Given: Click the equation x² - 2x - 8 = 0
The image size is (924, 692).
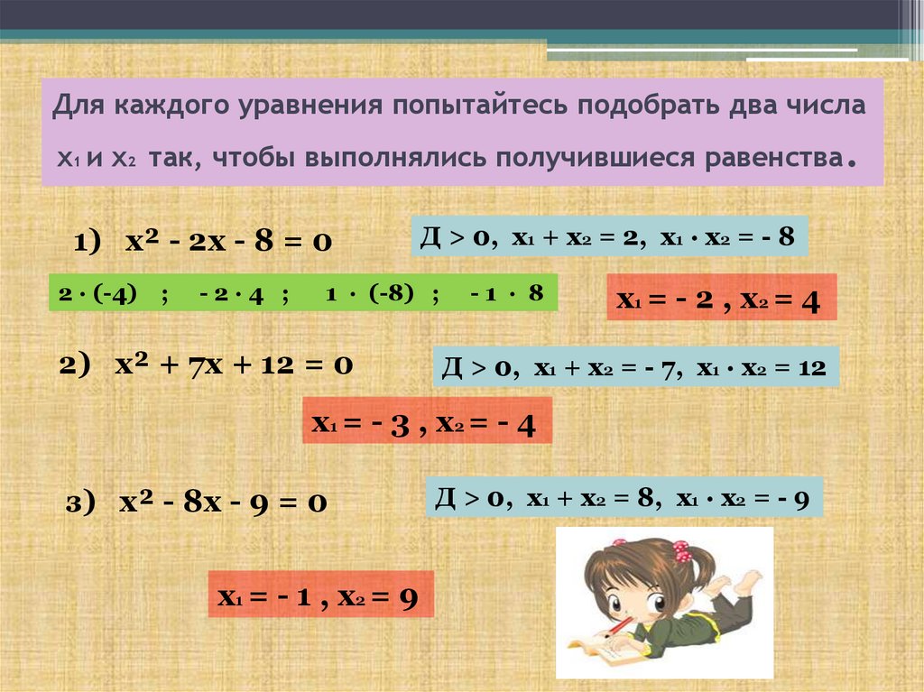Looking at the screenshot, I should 229,242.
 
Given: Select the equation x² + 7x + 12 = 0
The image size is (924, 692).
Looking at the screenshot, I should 233,365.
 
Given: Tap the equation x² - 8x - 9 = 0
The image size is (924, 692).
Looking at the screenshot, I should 223,502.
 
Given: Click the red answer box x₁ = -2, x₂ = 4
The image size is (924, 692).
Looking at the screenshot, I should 721,299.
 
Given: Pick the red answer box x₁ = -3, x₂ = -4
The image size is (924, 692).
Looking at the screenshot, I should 426,421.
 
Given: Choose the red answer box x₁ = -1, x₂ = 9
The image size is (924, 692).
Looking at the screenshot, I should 320,595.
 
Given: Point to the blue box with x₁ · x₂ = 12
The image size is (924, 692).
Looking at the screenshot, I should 636,367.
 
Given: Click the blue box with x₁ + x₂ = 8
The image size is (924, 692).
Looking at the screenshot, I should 624,496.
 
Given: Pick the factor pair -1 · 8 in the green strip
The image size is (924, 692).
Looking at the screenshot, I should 507,294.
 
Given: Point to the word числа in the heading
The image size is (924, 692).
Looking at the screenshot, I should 821,107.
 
